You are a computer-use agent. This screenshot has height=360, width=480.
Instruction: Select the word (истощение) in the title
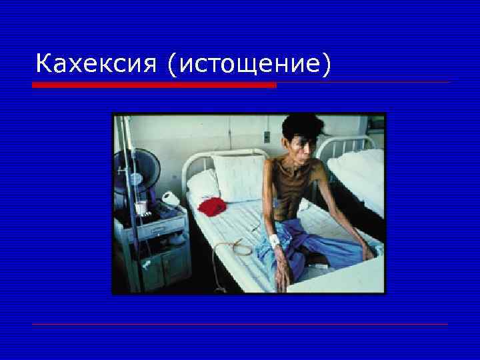250,65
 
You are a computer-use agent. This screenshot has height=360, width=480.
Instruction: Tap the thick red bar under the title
154,85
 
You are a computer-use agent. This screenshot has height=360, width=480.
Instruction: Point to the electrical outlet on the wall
266,137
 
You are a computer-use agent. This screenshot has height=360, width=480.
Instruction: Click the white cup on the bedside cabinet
141,208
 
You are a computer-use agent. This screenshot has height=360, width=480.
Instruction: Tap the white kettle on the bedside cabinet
171,199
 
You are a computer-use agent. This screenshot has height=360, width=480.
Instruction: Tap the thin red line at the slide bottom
240,325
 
